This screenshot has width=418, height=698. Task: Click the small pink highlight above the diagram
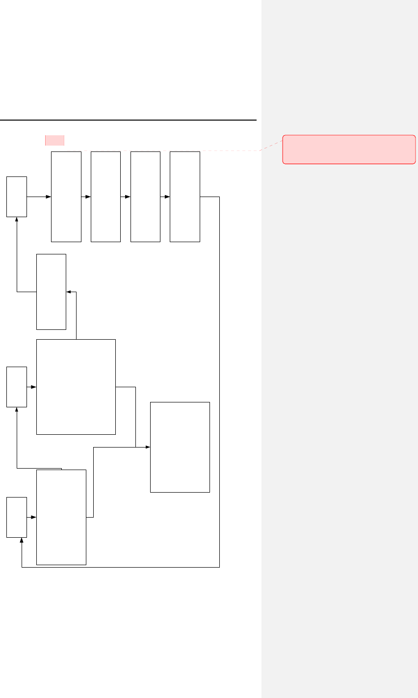pyautogui.click(x=54, y=140)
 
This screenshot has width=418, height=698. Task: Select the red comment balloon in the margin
pyautogui.click(x=349, y=149)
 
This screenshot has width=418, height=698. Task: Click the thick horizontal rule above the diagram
pyautogui.click(x=128, y=120)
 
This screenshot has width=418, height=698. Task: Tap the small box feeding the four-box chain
pyautogui.click(x=17, y=197)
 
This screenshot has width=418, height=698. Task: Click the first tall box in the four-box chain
pyautogui.click(x=66, y=197)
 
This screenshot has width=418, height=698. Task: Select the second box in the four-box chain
pyautogui.click(x=105, y=197)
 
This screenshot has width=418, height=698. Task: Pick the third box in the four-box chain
pyautogui.click(x=145, y=197)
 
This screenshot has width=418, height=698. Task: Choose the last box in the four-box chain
pyautogui.click(x=184, y=197)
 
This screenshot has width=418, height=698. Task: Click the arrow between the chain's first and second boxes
pyautogui.click(x=86, y=197)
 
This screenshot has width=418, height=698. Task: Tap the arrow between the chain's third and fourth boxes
pyautogui.click(x=165, y=197)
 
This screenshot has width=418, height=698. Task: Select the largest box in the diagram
pyautogui.click(x=76, y=387)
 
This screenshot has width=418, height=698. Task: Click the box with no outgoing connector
pyautogui.click(x=180, y=447)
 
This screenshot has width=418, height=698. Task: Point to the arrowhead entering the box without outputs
pyautogui.click(x=148, y=447)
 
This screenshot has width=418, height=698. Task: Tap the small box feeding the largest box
pyautogui.click(x=17, y=387)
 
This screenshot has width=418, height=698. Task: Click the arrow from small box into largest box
pyautogui.click(x=32, y=387)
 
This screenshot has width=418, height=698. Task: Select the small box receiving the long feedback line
pyautogui.click(x=17, y=517)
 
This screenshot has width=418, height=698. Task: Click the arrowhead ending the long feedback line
pyautogui.click(x=22, y=540)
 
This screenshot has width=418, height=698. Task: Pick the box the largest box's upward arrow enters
pyautogui.click(x=51, y=292)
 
